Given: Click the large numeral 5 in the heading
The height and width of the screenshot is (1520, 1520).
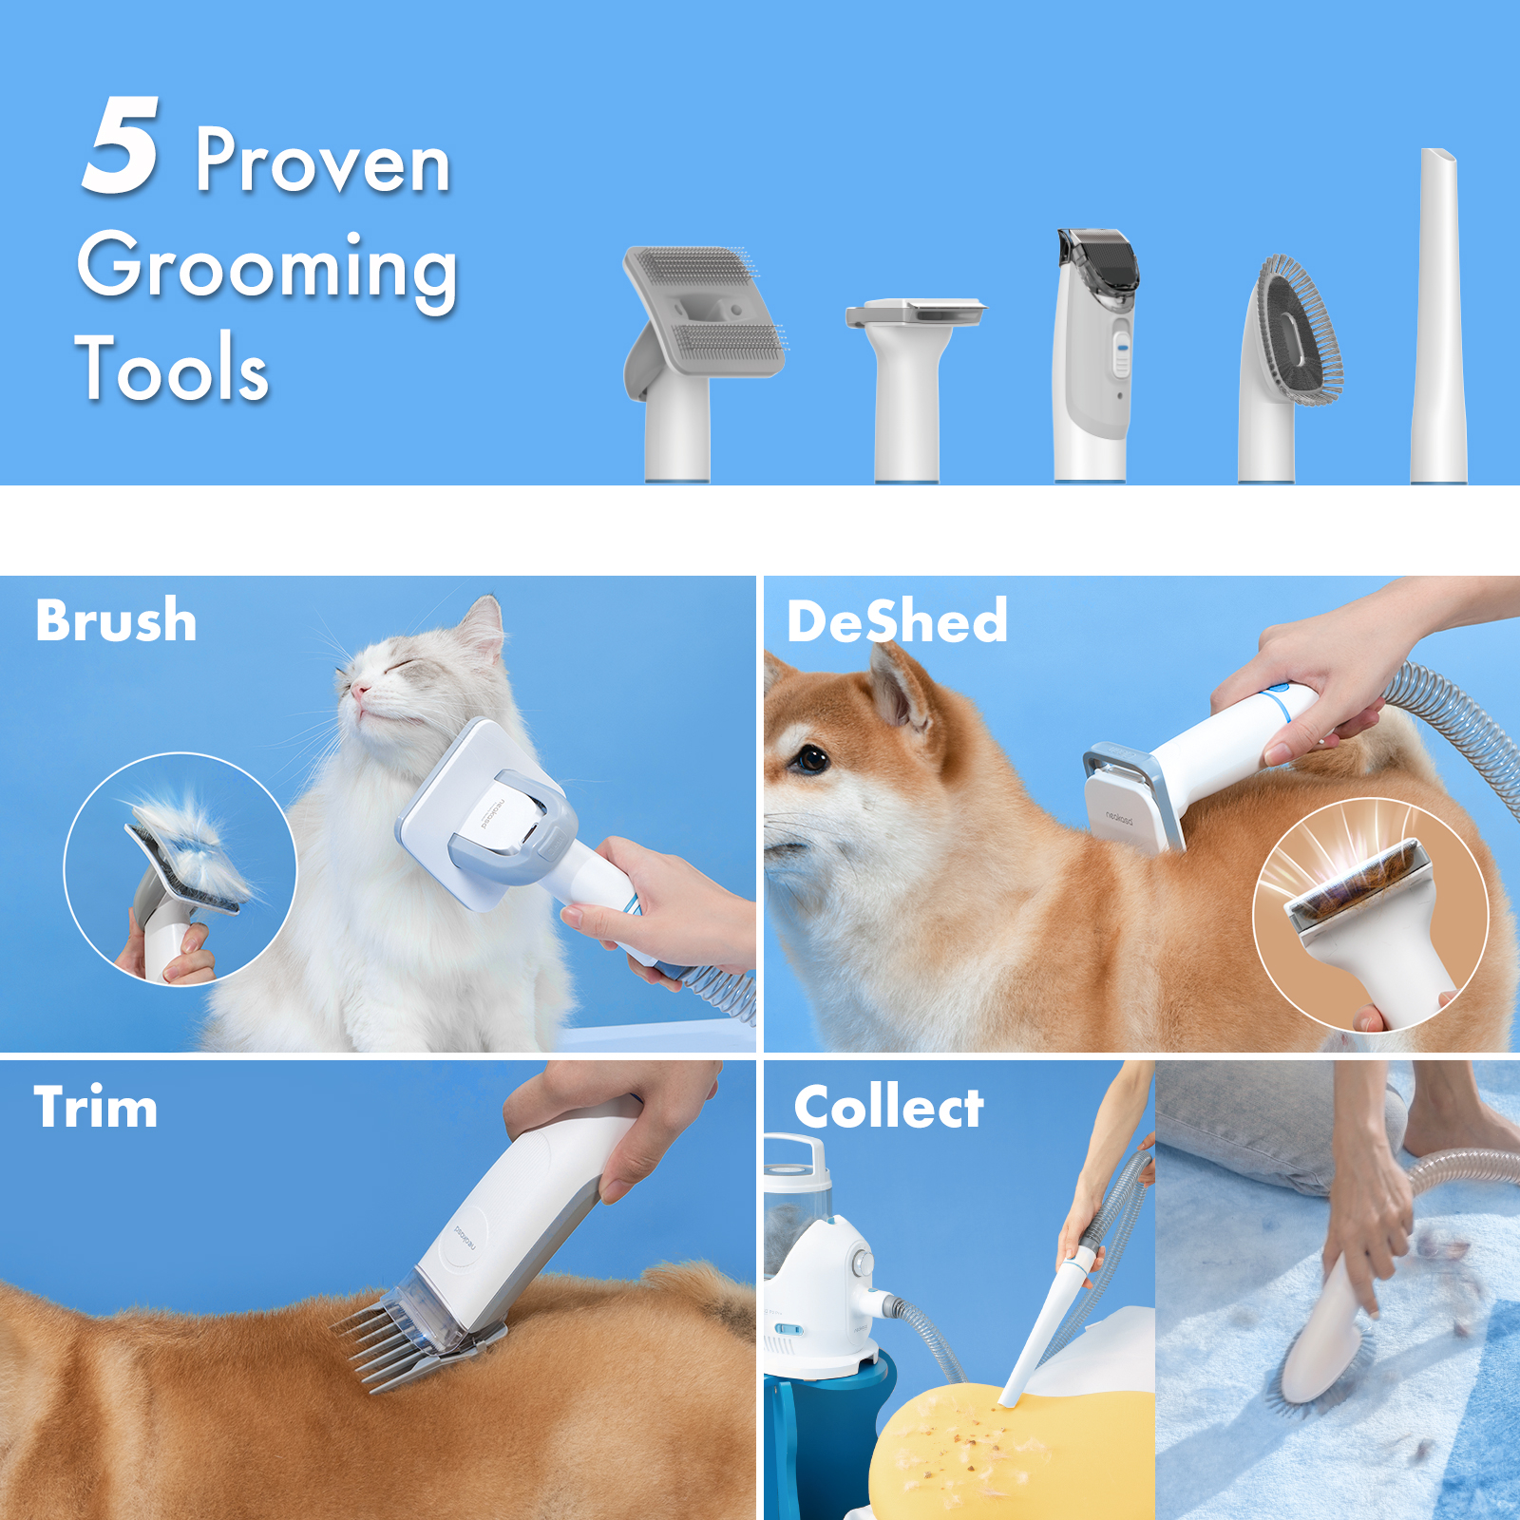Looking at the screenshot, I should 122,147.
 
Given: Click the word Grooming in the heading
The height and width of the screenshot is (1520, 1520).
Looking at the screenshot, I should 268,268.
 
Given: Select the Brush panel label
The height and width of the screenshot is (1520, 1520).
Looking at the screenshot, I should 116,621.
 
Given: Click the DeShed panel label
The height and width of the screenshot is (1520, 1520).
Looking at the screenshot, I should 897,622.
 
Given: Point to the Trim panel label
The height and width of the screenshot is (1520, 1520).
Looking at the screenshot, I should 95,1108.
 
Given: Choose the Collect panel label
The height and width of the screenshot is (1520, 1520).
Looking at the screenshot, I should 888,1108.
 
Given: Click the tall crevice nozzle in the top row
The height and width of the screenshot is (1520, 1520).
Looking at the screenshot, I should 1438,313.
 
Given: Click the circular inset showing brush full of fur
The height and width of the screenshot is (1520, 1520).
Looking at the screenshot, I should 180,869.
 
